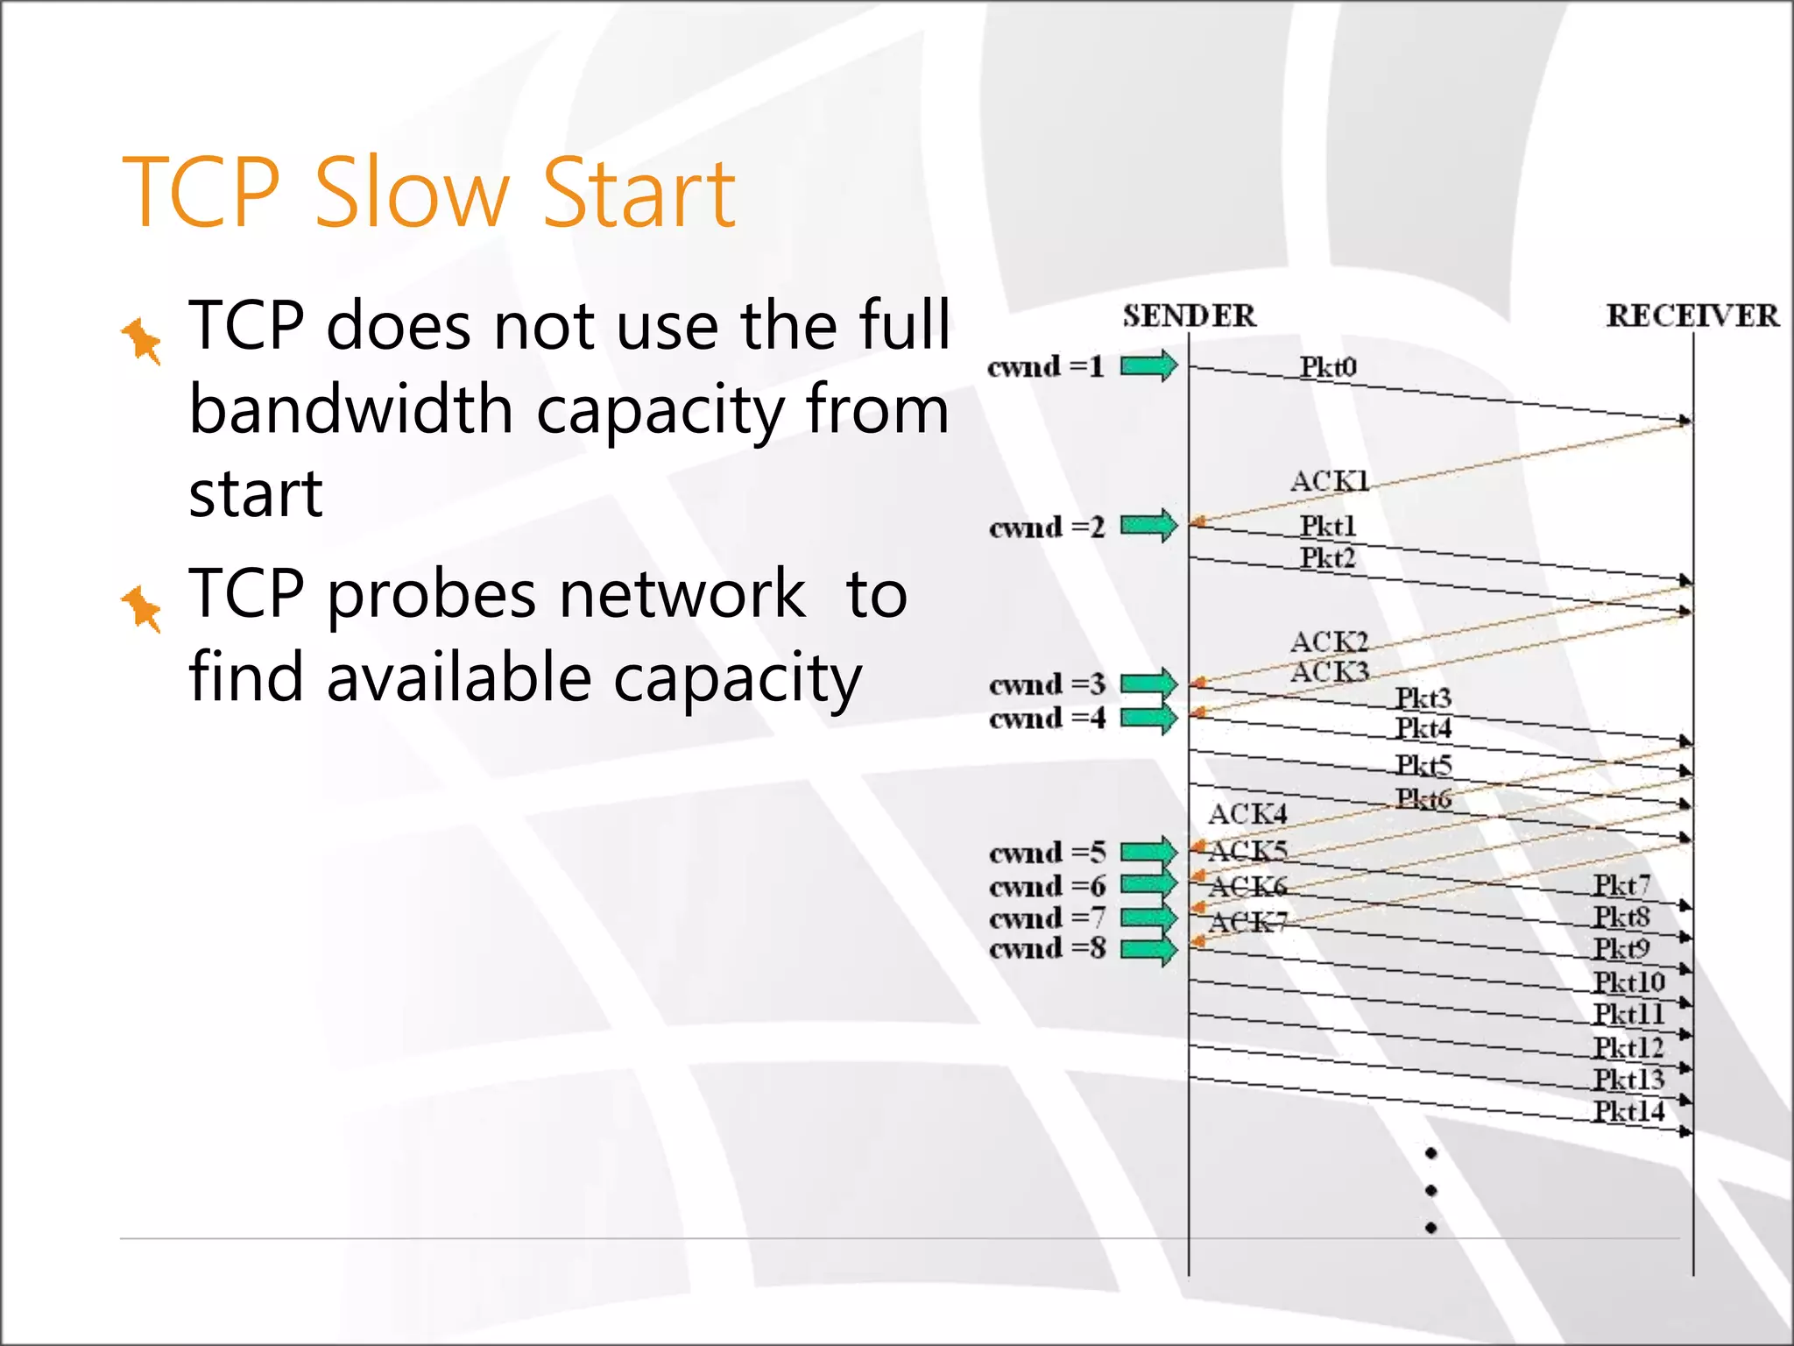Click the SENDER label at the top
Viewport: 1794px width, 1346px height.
pos(1189,315)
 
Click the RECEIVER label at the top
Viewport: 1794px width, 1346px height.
pos(1692,315)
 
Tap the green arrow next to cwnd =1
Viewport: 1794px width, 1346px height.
pos(1149,365)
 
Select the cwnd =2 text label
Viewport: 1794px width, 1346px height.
pos(1047,528)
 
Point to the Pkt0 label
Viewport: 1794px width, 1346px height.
pos(1327,366)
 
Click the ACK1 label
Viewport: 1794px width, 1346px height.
pos(1329,481)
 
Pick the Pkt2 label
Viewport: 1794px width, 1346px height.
pos(1327,557)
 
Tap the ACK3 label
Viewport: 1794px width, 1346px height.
pos(1329,672)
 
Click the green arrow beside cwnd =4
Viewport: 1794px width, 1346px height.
pos(1149,719)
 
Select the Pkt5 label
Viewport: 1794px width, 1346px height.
pos(1423,765)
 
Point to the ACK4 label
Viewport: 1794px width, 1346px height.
pos(1247,814)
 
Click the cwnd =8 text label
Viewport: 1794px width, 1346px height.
pos(1047,948)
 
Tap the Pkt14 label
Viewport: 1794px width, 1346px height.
pos(1628,1111)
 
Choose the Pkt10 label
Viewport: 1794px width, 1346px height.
pos(1628,982)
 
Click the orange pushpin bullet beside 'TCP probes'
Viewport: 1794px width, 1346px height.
pos(142,607)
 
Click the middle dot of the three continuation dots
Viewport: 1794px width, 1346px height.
pos(1430,1190)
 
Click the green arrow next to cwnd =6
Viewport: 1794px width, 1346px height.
pos(1149,883)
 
